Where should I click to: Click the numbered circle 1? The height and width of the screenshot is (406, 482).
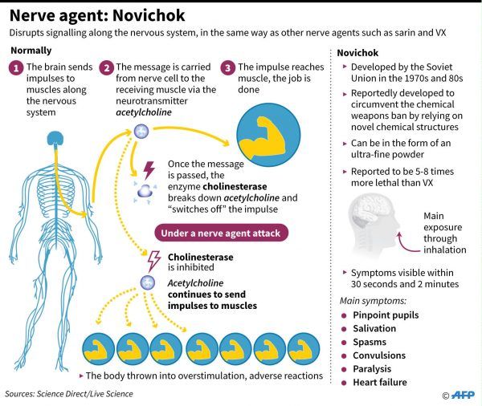click(x=16, y=68)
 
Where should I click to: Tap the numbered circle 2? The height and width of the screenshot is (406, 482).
click(x=106, y=68)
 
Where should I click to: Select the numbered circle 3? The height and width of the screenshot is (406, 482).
click(x=228, y=68)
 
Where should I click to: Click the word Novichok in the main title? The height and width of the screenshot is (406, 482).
click(x=149, y=15)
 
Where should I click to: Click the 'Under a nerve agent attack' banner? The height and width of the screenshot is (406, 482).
click(x=222, y=233)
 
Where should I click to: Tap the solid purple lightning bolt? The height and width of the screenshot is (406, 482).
click(x=149, y=170)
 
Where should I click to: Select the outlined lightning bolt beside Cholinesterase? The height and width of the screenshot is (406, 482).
click(x=154, y=261)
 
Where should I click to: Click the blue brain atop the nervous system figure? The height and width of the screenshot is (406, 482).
click(x=55, y=138)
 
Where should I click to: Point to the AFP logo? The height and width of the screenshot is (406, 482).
click(x=463, y=395)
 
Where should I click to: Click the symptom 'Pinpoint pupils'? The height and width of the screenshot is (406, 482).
click(x=386, y=315)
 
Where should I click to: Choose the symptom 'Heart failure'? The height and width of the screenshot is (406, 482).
click(x=380, y=383)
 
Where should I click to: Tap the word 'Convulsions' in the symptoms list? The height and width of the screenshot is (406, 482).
click(x=379, y=355)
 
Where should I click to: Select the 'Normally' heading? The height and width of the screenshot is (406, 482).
click(x=31, y=51)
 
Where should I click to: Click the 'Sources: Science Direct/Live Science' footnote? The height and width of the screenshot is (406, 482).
click(x=69, y=394)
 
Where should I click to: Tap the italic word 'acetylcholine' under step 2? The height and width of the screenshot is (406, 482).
click(x=144, y=112)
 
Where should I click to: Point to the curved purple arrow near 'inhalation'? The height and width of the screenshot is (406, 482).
click(x=405, y=244)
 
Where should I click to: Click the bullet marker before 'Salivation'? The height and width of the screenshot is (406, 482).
click(x=344, y=329)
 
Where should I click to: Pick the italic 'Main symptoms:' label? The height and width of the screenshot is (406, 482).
click(x=373, y=301)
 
